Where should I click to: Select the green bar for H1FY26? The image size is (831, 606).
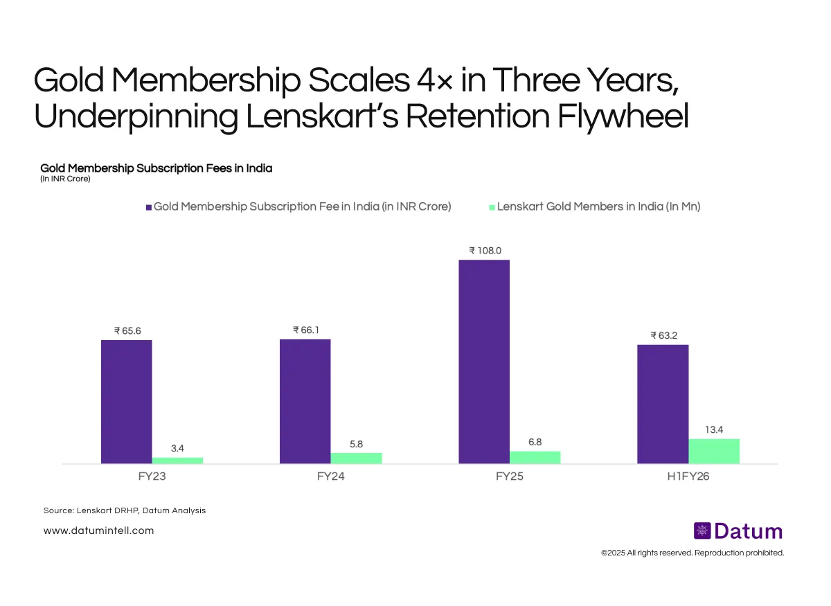coord(714,451)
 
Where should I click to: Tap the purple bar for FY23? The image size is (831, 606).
coord(126,402)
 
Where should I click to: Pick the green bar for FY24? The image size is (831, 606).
coord(356,458)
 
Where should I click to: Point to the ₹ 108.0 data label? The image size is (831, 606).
coord(484,250)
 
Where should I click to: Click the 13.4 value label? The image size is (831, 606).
coord(714,429)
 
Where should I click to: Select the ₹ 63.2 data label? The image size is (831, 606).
coord(663,335)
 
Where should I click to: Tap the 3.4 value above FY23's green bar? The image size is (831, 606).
coord(177,448)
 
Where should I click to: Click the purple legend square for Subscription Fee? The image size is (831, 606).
coord(149,207)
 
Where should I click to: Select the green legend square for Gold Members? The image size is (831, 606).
coord(492,207)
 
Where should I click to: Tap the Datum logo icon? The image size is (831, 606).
coord(702,531)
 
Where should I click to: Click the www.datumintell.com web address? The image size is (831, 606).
coord(98,531)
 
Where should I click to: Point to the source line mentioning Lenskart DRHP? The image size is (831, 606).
coord(125,510)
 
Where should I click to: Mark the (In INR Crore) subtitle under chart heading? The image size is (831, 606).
coord(65,179)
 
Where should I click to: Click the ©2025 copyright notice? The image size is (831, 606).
coord(692,553)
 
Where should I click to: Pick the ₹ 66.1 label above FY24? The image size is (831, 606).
coord(306,330)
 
